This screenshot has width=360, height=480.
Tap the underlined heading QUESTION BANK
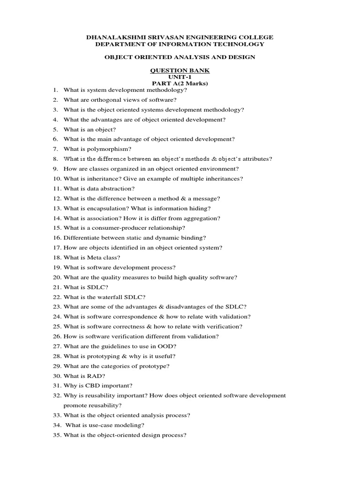(180, 70)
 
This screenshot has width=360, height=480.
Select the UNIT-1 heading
(180, 77)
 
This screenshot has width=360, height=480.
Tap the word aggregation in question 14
(190, 218)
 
